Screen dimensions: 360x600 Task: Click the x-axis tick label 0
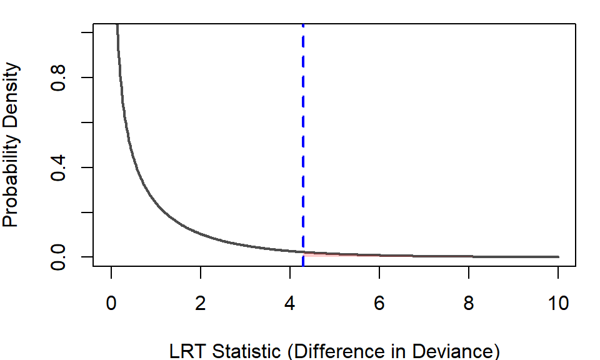(111, 304)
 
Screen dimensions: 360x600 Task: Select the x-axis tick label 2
(201, 304)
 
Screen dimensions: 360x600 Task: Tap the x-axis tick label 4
(290, 304)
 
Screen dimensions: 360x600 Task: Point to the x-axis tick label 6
(379, 304)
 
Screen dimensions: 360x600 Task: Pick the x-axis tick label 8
(469, 304)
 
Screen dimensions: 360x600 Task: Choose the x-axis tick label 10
(558, 304)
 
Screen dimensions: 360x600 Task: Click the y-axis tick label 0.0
(60, 257)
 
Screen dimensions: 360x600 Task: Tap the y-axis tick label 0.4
(60, 167)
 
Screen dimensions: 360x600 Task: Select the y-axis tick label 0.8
(60, 77)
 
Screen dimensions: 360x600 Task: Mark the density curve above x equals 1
(156, 203)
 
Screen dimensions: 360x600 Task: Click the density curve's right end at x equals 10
(557, 257)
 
